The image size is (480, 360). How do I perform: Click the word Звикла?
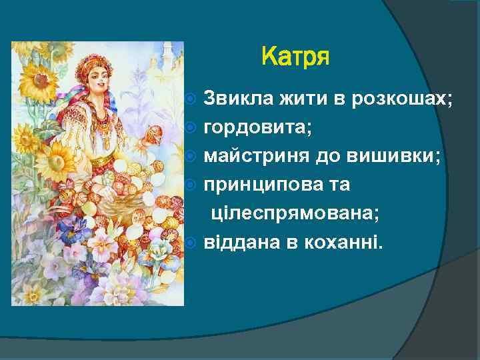pyautogui.click(x=235, y=99)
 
